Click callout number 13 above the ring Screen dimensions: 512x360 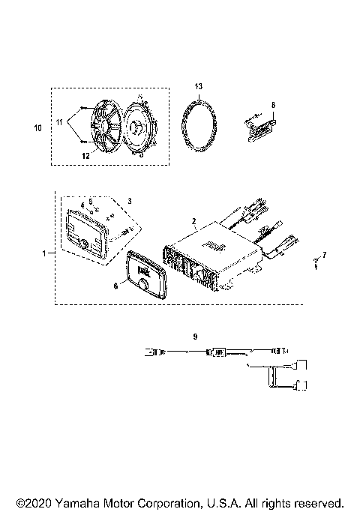pos(198,87)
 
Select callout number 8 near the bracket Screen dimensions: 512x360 pos(273,105)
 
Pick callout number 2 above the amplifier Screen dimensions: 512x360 pos(193,222)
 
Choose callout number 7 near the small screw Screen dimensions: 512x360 pos(324,254)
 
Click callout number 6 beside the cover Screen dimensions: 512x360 pos(115,286)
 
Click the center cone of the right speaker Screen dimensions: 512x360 pos(139,127)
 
